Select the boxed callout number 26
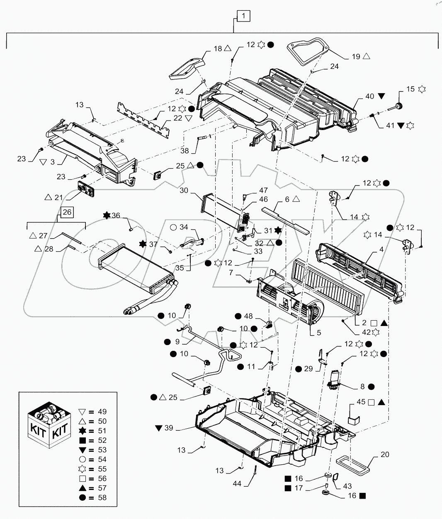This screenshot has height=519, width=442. [67, 212]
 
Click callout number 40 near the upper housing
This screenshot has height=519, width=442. [369, 96]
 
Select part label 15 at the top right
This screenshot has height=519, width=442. [410, 89]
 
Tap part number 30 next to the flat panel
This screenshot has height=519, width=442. [184, 191]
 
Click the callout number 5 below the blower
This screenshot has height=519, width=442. [318, 332]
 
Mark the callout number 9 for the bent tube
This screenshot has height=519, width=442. [178, 342]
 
